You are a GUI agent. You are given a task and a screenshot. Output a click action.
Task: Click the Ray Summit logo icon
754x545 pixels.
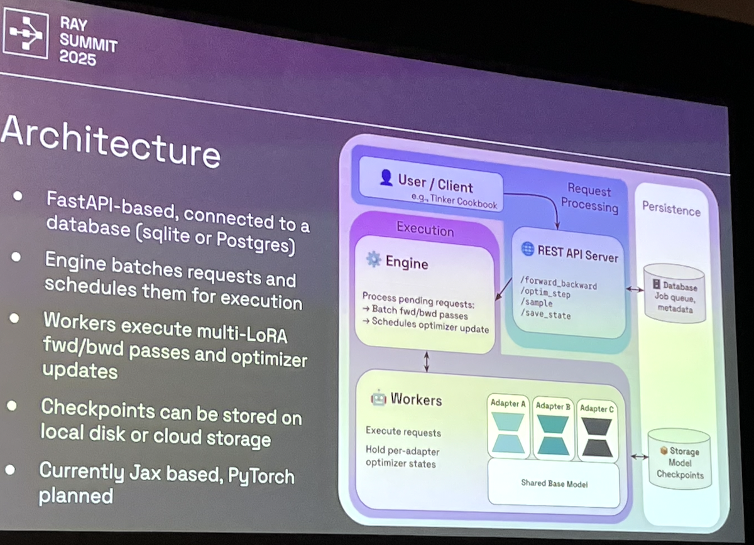(25, 34)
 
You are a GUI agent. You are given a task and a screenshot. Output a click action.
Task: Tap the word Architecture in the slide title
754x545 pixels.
(110, 141)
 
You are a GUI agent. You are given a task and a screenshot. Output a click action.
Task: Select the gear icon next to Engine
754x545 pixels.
(374, 259)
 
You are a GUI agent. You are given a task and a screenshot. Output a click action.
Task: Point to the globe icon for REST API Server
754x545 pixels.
(528, 249)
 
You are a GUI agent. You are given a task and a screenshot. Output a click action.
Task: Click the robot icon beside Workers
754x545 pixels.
(378, 399)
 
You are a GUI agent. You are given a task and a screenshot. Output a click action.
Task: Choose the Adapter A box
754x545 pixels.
(508, 427)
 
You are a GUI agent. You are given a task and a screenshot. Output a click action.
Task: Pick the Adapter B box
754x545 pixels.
(553, 428)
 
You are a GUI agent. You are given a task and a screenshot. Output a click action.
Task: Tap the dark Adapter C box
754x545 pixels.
(597, 430)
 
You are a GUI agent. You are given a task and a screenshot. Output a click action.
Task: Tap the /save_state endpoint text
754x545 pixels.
(546, 315)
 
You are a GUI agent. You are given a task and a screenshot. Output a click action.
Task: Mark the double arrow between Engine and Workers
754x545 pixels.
(427, 362)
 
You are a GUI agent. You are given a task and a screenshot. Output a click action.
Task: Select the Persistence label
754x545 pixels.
(670, 209)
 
